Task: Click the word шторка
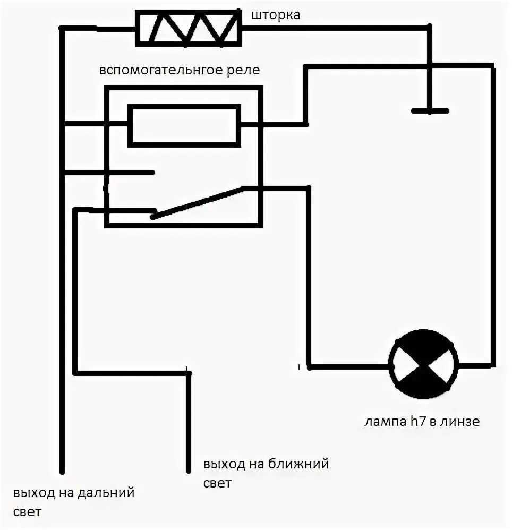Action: pyautogui.click(x=275, y=15)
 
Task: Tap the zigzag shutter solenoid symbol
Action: pyautogui.click(x=189, y=28)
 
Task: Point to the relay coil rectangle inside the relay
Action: pyautogui.click(x=184, y=125)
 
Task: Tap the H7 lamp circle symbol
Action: pyautogui.click(x=423, y=364)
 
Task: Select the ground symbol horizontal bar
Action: pyautogui.click(x=430, y=111)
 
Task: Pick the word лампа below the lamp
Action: pyautogui.click(x=381, y=423)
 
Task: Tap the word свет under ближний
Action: pyautogui.click(x=217, y=483)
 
